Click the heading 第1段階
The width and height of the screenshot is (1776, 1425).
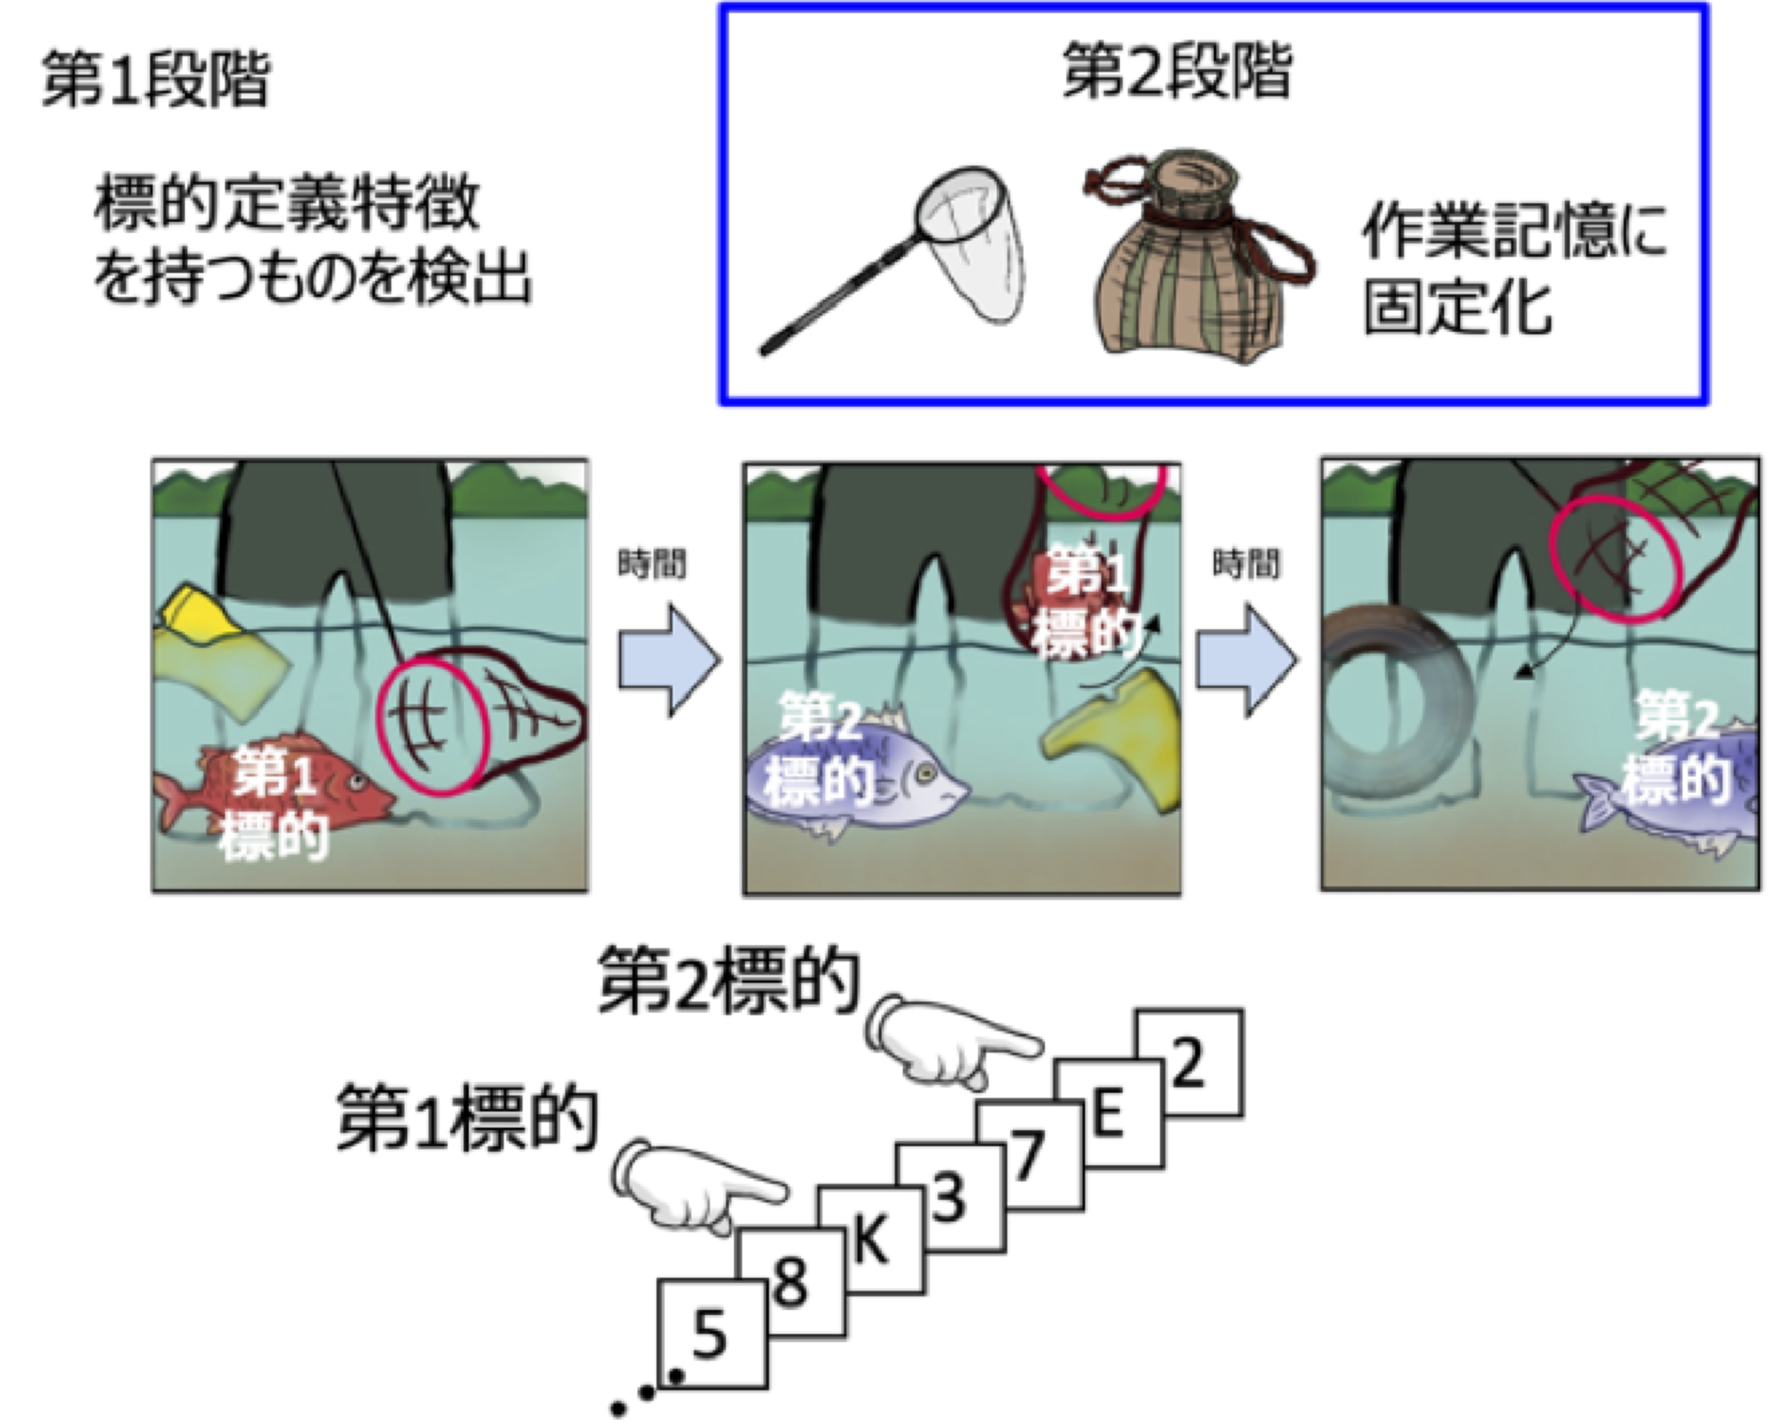tap(156, 79)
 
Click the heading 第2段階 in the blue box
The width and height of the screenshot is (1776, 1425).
tap(1177, 71)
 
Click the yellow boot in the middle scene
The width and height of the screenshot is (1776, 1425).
tap(1112, 738)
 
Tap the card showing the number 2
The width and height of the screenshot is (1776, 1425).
tap(1189, 1063)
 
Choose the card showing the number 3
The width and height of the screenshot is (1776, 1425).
tap(950, 1197)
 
